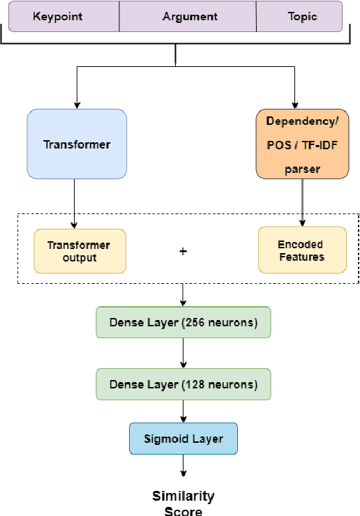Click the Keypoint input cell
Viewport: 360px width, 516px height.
click(63, 16)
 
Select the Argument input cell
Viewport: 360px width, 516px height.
click(190, 16)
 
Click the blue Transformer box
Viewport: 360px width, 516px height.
click(77, 145)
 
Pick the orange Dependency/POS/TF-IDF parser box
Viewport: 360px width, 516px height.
click(301, 145)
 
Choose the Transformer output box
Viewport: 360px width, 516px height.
click(79, 250)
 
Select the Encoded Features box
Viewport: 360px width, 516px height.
click(301, 250)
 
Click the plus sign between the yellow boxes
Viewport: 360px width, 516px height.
click(183, 251)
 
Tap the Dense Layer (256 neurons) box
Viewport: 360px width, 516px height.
click(183, 323)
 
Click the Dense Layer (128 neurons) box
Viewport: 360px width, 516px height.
click(183, 384)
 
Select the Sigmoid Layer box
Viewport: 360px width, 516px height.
click(183, 439)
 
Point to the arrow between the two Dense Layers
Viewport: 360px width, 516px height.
click(183, 354)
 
